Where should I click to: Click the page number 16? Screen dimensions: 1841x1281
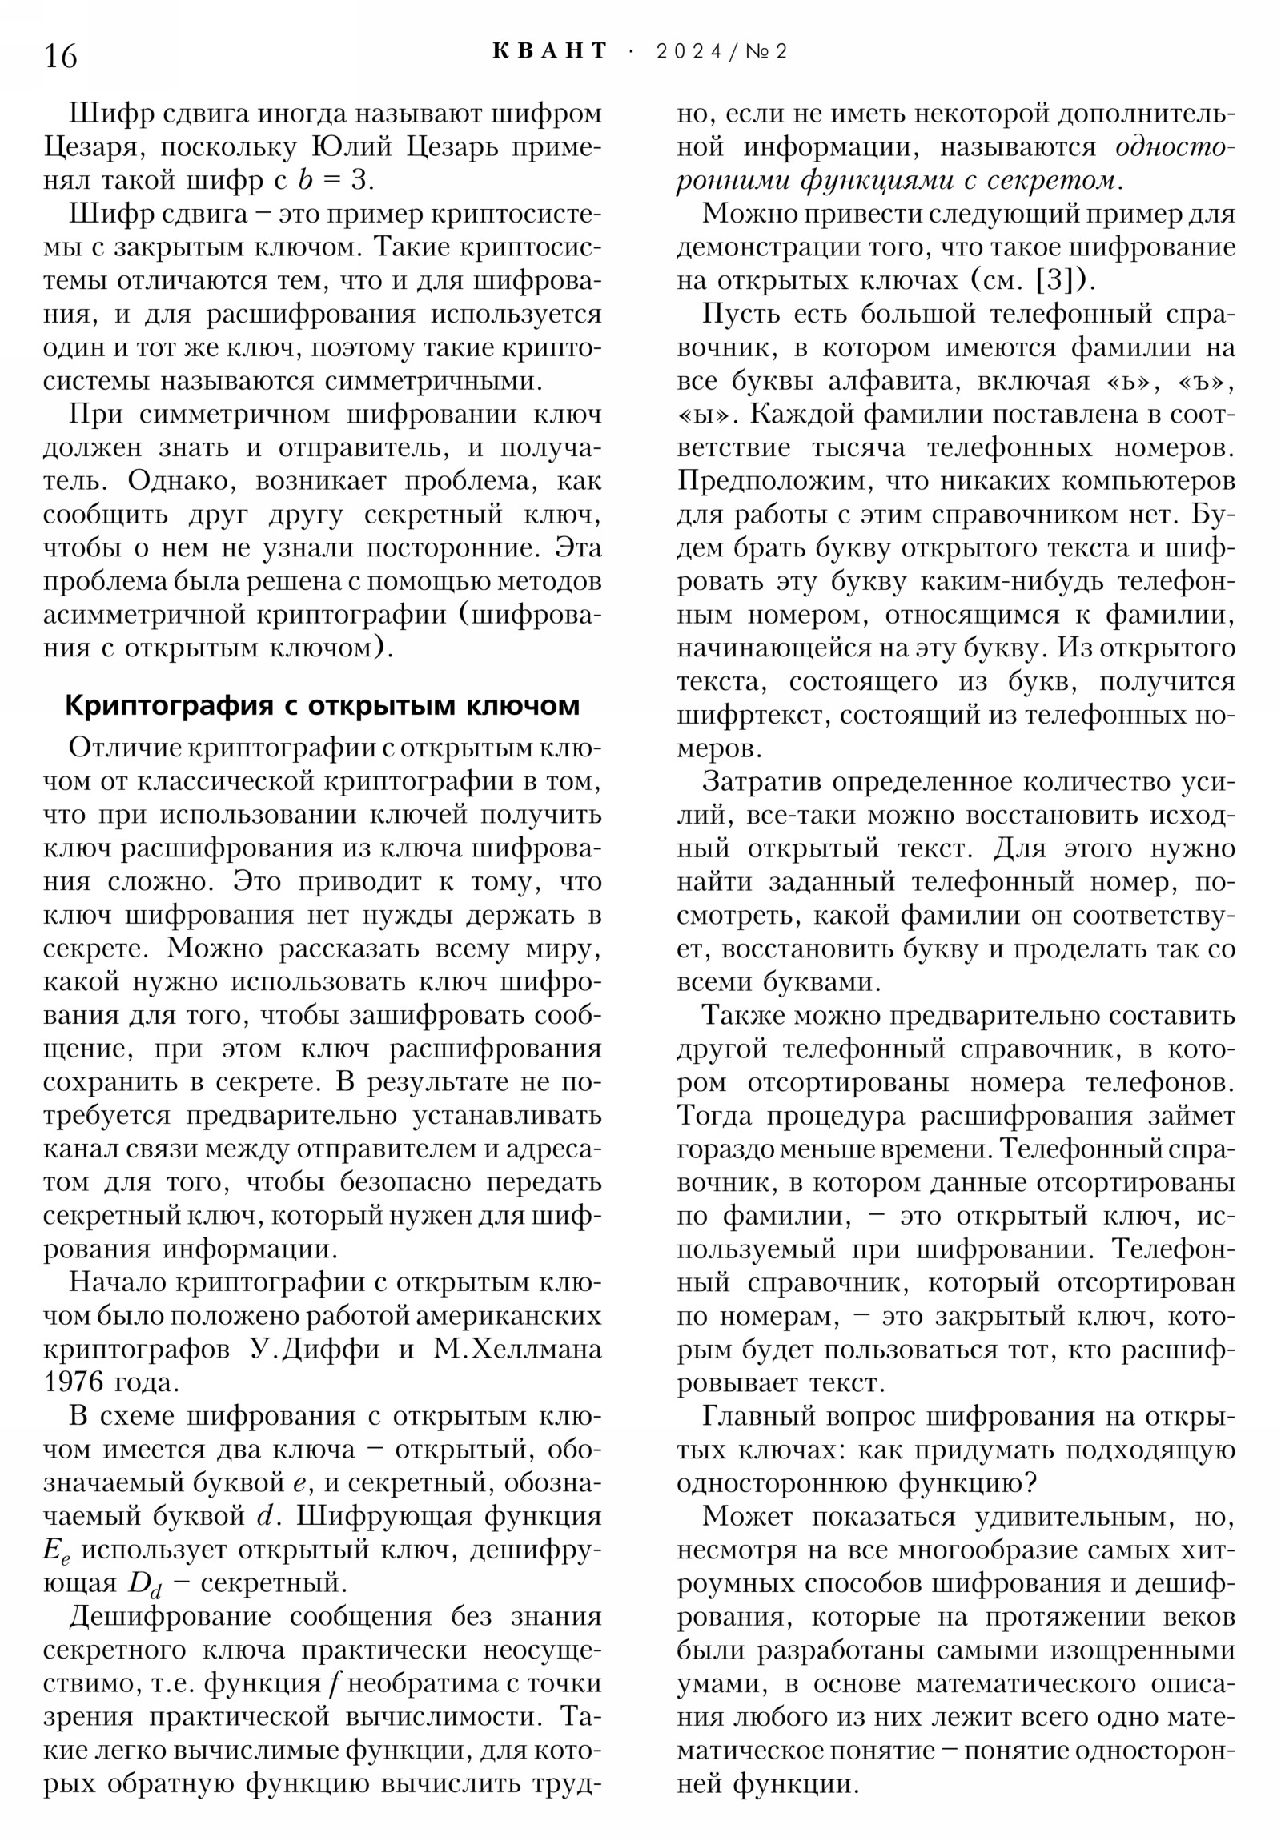[x=61, y=57]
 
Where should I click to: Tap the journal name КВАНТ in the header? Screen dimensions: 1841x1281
[x=549, y=51]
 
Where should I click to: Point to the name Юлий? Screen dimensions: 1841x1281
[x=351, y=146]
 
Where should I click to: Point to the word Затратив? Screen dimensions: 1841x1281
[x=761, y=782]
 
